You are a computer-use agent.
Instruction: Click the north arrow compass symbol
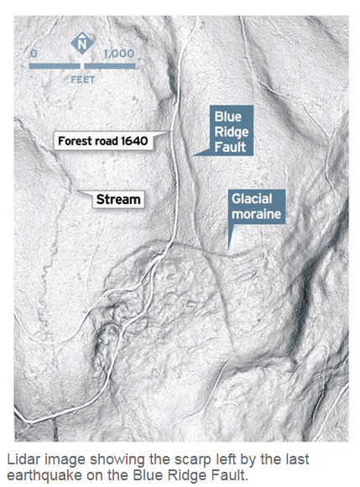(81, 43)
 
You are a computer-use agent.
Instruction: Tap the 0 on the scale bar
(34, 53)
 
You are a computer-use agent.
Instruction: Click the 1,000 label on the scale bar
(118, 53)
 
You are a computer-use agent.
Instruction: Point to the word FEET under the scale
(82, 80)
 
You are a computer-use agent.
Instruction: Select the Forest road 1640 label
(102, 141)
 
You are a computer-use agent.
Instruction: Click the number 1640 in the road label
(133, 141)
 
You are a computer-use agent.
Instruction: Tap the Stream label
(117, 199)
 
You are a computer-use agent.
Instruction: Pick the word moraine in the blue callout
(258, 216)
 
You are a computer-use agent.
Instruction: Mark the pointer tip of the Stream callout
(89, 193)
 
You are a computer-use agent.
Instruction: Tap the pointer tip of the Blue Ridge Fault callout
(192, 154)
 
